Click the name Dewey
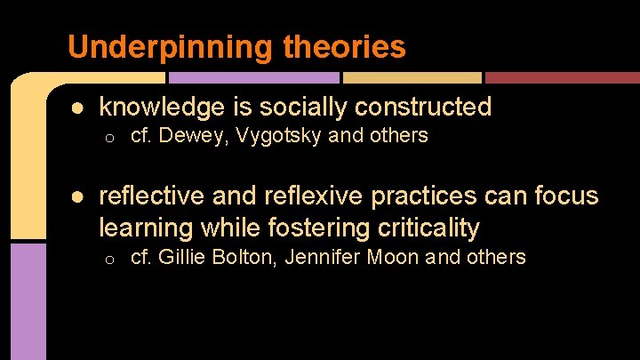point(187,136)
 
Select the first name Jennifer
point(322,258)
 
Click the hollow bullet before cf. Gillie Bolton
point(106,260)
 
